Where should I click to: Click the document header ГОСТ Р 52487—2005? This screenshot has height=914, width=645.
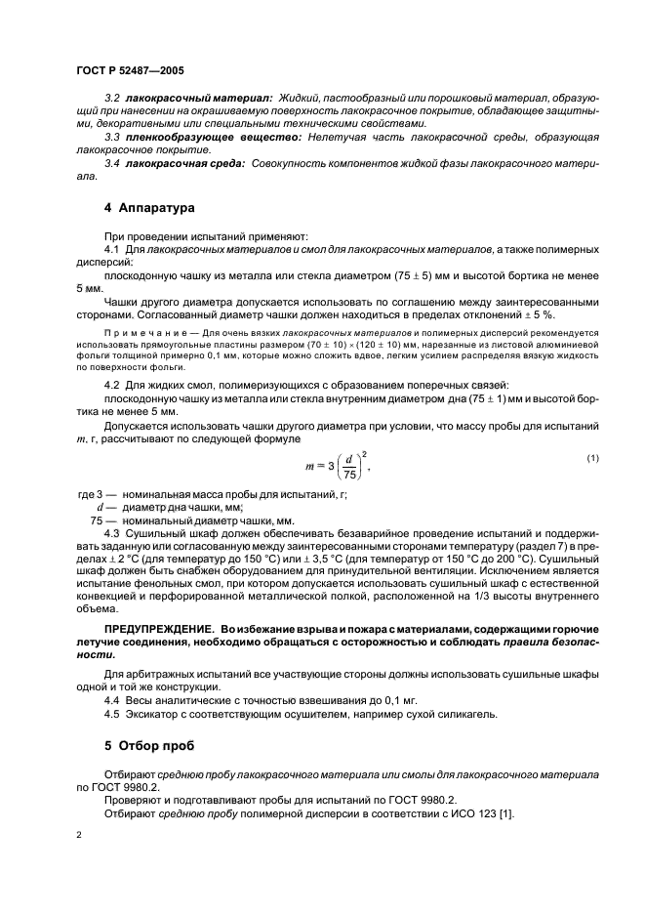pyautogui.click(x=129, y=71)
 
